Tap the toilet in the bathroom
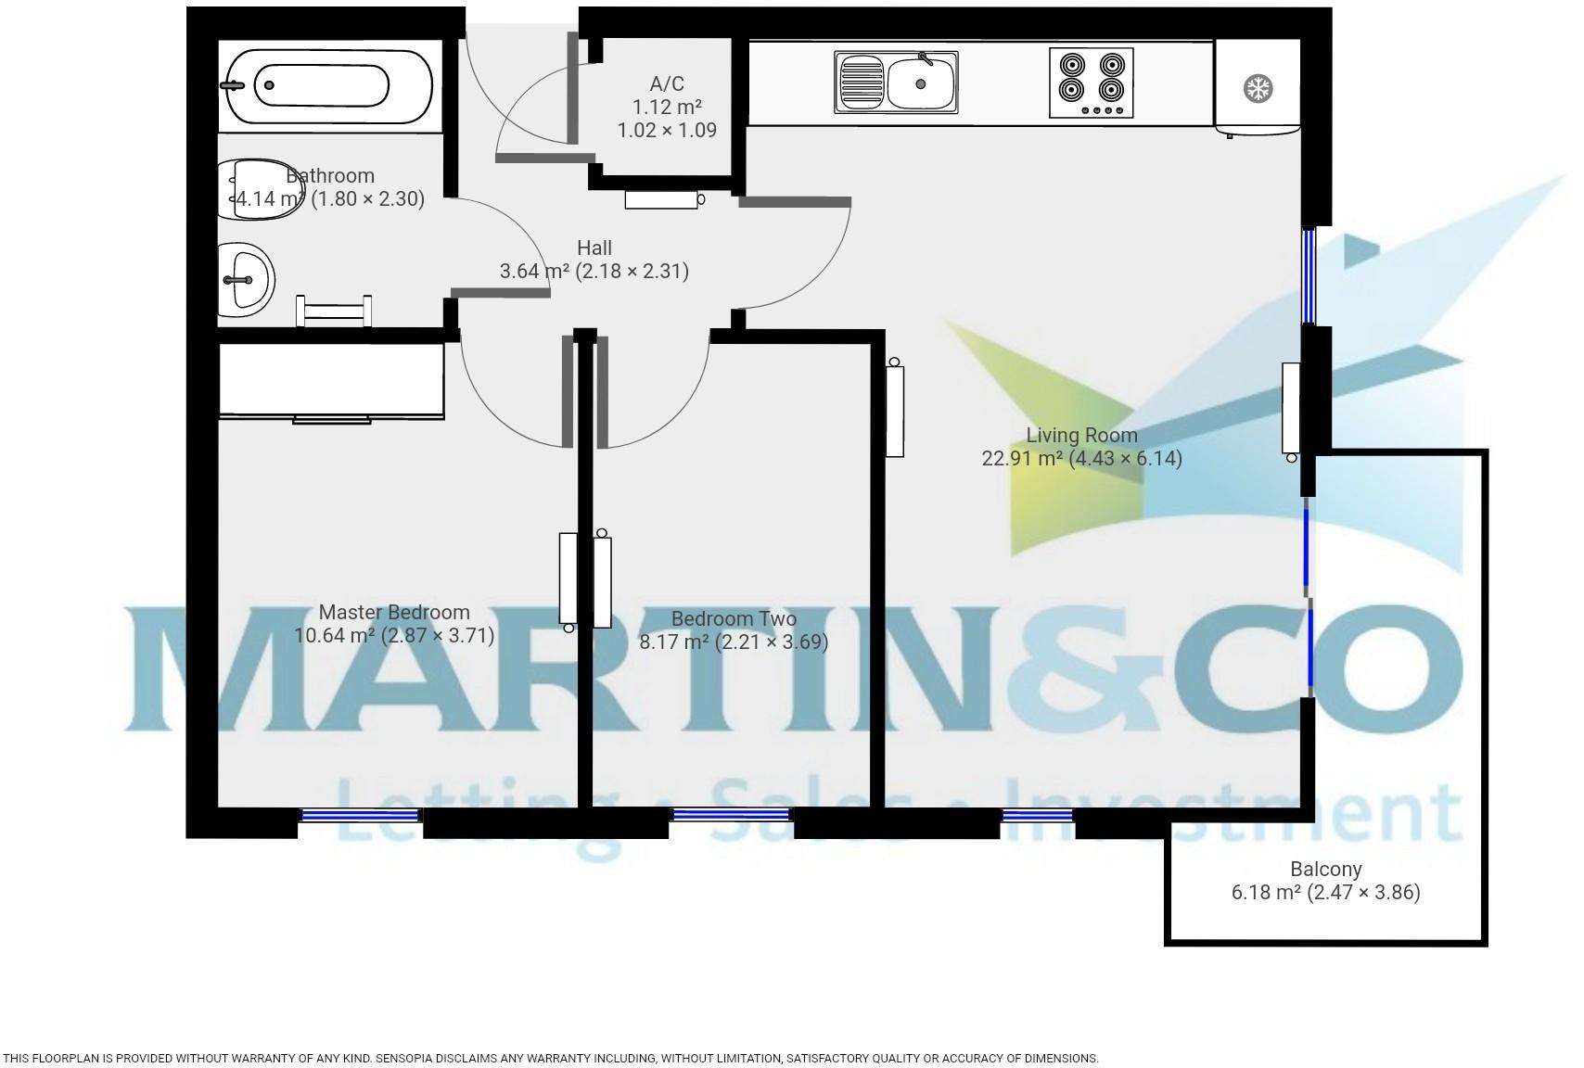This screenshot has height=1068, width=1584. tap(261, 189)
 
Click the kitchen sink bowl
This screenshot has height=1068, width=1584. tap(920, 83)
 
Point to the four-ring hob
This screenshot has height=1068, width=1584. tap(1091, 83)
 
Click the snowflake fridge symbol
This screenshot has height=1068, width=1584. tap(1258, 89)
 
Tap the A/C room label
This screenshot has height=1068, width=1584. tap(667, 84)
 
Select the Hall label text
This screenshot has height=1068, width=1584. tap(594, 248)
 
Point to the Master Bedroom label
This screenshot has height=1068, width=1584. tap(394, 612)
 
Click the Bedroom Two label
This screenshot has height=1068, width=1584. tap(734, 618)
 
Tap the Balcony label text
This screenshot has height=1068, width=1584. tap(1325, 870)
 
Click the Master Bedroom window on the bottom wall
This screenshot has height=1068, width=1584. tap(361, 816)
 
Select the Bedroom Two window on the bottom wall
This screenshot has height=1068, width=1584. tap(731, 815)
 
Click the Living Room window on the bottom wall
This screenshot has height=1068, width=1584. tap(1038, 816)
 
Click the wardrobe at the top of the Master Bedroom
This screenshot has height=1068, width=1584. tap(331, 381)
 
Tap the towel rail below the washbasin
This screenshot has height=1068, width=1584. tap(334, 311)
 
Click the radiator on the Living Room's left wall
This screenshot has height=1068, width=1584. tap(894, 410)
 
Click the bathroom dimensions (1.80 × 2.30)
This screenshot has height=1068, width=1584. tap(367, 198)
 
